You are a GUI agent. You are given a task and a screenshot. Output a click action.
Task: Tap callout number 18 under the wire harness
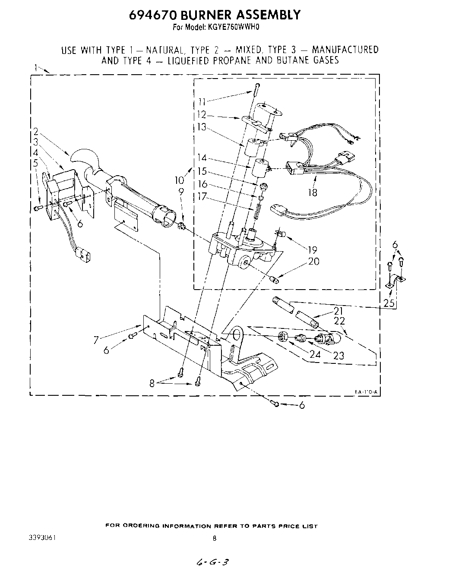click(x=312, y=192)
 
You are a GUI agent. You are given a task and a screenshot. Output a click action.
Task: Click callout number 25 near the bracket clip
click(x=389, y=303)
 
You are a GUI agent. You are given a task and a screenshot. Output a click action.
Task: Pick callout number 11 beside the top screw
click(x=202, y=102)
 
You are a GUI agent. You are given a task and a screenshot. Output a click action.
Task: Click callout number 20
click(x=314, y=261)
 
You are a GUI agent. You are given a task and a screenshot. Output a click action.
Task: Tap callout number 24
click(x=315, y=355)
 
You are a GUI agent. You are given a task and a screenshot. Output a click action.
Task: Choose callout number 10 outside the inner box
click(x=180, y=179)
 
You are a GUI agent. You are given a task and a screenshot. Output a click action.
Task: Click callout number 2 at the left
click(x=36, y=132)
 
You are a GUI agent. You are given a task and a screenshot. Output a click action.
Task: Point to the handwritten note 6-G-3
click(x=212, y=562)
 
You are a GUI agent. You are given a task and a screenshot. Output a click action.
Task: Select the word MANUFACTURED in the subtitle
click(x=345, y=50)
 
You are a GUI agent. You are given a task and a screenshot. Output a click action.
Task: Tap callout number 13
click(x=202, y=127)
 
